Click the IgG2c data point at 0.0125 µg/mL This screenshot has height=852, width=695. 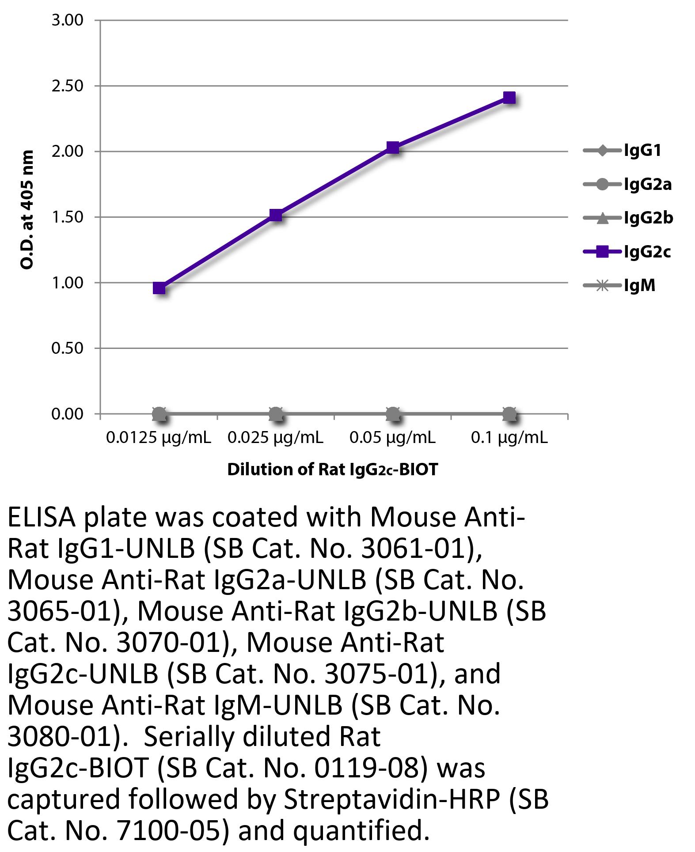pos(159,288)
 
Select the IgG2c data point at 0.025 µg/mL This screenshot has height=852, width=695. pos(276,215)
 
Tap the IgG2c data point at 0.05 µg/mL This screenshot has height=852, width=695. pos(393,147)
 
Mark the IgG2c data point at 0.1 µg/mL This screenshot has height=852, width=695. pos(509,98)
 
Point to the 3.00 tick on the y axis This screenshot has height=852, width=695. pos(67,20)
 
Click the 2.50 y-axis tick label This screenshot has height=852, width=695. pos(67,86)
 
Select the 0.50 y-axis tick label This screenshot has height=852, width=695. pos(67,348)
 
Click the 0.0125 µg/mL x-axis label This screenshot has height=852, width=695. pos(159,437)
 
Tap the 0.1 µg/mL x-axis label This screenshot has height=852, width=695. pos(509,437)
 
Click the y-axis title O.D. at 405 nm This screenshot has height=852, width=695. pos(27,209)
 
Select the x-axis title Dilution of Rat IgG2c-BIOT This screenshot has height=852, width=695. pos(332,469)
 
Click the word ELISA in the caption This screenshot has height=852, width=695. pos(42,518)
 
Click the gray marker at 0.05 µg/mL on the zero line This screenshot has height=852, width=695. pos(393,414)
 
